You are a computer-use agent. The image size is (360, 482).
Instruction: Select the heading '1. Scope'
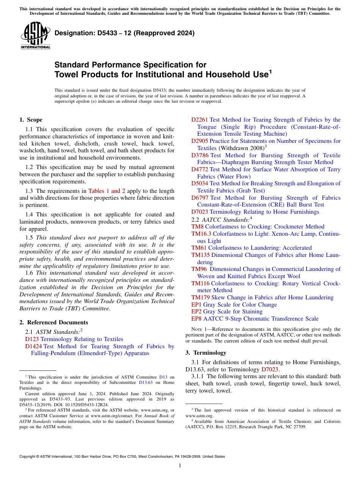[x=31, y=120]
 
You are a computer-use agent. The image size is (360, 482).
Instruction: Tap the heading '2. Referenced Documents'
[x=53, y=322]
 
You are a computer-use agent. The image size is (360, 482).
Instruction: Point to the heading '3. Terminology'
[x=206, y=352]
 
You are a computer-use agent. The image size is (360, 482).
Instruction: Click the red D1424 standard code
[x=33, y=346]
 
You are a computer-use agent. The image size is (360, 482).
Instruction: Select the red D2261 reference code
[x=199, y=120]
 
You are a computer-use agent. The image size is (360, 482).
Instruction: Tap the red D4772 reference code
[x=199, y=169]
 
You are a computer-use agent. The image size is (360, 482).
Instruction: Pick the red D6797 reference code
[x=200, y=198]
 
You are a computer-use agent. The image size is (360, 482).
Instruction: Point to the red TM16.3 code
[x=201, y=234]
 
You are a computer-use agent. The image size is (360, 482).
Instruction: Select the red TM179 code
[x=200, y=297]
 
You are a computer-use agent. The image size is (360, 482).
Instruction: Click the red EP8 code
[x=196, y=319]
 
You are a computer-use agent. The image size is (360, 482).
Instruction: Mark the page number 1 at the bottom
[x=180, y=466]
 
